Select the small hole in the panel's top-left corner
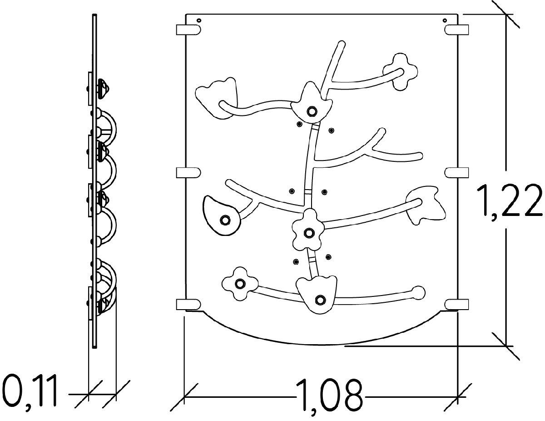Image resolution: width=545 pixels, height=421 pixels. coord(199,20)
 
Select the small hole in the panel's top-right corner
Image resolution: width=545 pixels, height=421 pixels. coord(445,20)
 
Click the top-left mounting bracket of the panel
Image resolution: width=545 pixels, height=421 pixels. coord(188,30)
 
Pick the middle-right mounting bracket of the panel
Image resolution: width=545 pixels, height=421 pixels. coord(457,173)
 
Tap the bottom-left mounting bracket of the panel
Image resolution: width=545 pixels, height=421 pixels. coord(188,304)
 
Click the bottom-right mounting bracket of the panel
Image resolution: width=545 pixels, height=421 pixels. coord(457,304)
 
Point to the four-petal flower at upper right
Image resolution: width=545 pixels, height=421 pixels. coord(400,71)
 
